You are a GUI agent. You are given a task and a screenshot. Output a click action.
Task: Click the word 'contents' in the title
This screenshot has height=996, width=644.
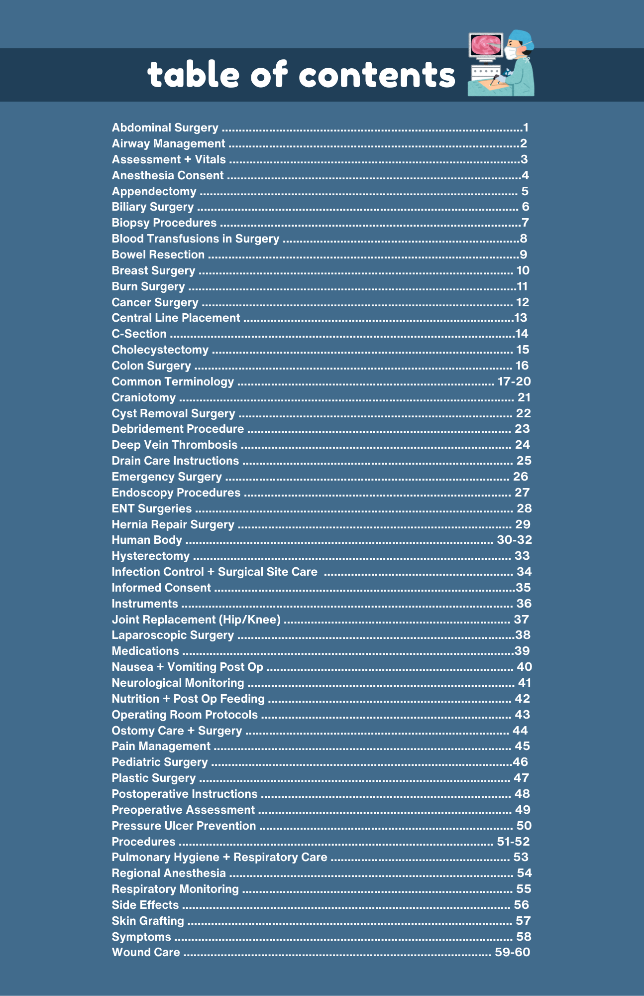(377, 75)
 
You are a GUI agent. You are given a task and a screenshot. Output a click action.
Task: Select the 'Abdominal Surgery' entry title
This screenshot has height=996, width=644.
(165, 128)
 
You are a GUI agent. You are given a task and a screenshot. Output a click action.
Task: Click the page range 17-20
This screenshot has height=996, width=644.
(514, 382)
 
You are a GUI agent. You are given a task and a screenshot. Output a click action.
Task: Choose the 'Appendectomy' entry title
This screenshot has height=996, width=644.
(154, 192)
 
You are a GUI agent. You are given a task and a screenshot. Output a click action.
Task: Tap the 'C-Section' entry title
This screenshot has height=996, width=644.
(139, 334)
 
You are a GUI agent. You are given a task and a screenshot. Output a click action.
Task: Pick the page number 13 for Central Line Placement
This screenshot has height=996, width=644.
(521, 318)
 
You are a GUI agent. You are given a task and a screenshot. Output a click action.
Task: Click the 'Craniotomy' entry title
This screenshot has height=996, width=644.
(143, 398)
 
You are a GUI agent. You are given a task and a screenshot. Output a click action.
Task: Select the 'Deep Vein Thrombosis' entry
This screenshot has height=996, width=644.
(174, 445)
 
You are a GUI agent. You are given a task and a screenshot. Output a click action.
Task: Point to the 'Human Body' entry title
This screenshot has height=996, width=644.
(146, 540)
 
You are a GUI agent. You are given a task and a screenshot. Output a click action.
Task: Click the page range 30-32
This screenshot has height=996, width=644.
(515, 540)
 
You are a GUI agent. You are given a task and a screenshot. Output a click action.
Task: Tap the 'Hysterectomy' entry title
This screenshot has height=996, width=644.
(150, 556)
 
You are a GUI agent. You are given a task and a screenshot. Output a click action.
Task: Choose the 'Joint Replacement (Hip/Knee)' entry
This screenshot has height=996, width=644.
(196, 620)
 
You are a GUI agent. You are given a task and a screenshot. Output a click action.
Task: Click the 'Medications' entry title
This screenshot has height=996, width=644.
(145, 651)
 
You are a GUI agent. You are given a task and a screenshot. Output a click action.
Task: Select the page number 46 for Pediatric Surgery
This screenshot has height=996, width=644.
(520, 762)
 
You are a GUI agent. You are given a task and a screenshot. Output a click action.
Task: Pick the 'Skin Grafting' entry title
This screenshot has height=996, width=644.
(148, 921)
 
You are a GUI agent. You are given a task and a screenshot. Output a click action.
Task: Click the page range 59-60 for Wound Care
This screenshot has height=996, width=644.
(513, 953)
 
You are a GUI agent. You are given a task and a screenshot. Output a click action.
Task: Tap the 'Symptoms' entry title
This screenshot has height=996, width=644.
(141, 937)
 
